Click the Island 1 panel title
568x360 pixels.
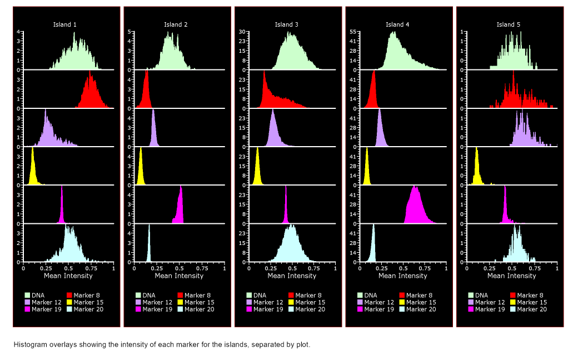tap(65, 24)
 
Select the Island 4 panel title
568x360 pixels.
tap(397, 24)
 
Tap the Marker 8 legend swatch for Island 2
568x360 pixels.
tap(181, 295)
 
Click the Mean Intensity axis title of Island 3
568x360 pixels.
tap(290, 276)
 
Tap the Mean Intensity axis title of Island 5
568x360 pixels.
tap(511, 276)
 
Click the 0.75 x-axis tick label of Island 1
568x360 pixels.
tap(91, 268)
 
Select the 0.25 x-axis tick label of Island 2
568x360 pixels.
tap(157, 268)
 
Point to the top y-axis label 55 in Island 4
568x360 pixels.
tap(353, 32)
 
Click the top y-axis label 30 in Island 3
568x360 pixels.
tap(242, 32)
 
